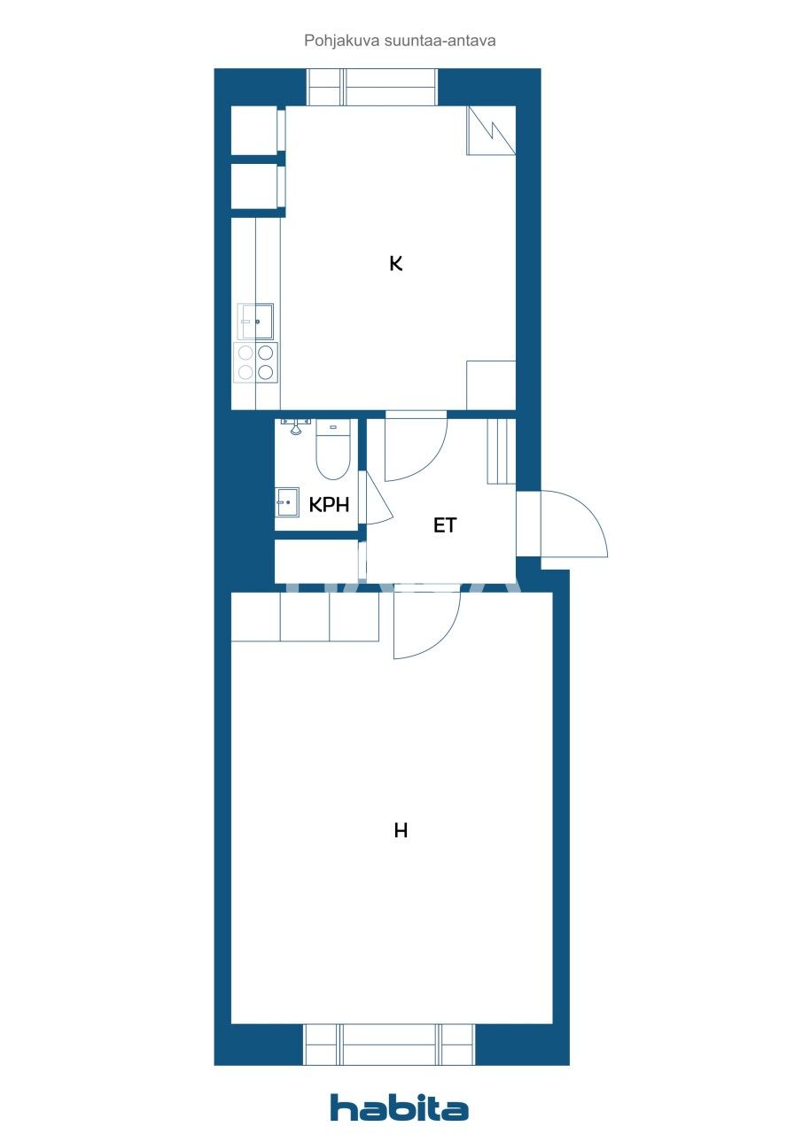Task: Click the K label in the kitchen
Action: pyautogui.click(x=396, y=263)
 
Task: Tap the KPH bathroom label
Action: pyautogui.click(x=329, y=505)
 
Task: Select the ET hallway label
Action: pyautogui.click(x=444, y=525)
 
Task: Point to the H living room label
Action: pyautogui.click(x=401, y=831)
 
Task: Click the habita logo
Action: pyautogui.click(x=400, y=1107)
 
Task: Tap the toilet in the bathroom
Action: pyautogui.click(x=333, y=449)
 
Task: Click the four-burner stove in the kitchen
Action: pyautogui.click(x=256, y=361)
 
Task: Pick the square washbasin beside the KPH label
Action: pyautogui.click(x=286, y=502)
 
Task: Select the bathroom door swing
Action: pyautogui.click(x=378, y=501)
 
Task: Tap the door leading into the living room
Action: pyautogui.click(x=426, y=625)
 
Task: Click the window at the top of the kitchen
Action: pyautogui.click(x=372, y=88)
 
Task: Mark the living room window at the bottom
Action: pyautogui.click(x=389, y=1045)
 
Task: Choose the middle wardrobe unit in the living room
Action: pyautogui.click(x=305, y=617)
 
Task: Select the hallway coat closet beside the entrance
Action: pyautogui.click(x=502, y=452)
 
